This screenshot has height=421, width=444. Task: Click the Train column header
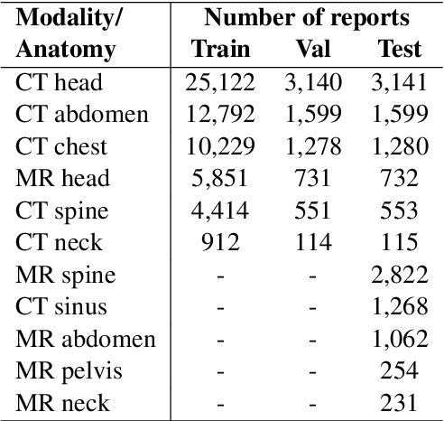pos(220,51)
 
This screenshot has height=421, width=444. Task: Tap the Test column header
pos(398,51)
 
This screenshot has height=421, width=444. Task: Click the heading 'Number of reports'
pos(307,18)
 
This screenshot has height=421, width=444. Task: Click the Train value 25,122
pos(220,83)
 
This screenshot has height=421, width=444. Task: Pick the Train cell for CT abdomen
pos(220,115)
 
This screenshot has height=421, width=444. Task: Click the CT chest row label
pos(61,146)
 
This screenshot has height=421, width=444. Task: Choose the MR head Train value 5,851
pos(220,178)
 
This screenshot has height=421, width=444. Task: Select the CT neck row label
pos(59,242)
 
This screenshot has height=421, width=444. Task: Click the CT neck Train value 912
pos(220,242)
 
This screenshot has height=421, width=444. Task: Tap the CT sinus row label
pos(61,306)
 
